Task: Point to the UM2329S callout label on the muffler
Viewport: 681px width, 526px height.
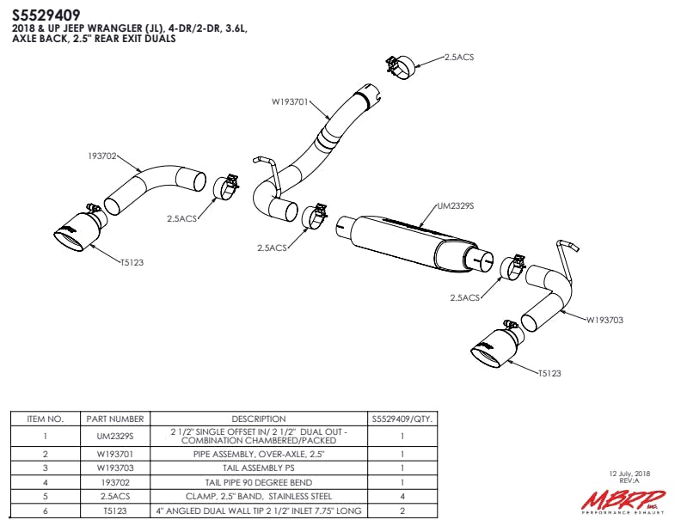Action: [456, 206]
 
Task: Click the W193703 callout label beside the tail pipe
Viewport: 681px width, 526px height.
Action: [604, 320]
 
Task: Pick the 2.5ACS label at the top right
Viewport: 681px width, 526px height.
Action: [458, 57]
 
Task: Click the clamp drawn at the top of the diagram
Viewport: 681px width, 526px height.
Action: [401, 65]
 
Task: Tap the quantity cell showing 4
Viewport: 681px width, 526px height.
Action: [402, 496]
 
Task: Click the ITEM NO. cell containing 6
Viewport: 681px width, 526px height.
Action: [46, 511]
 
